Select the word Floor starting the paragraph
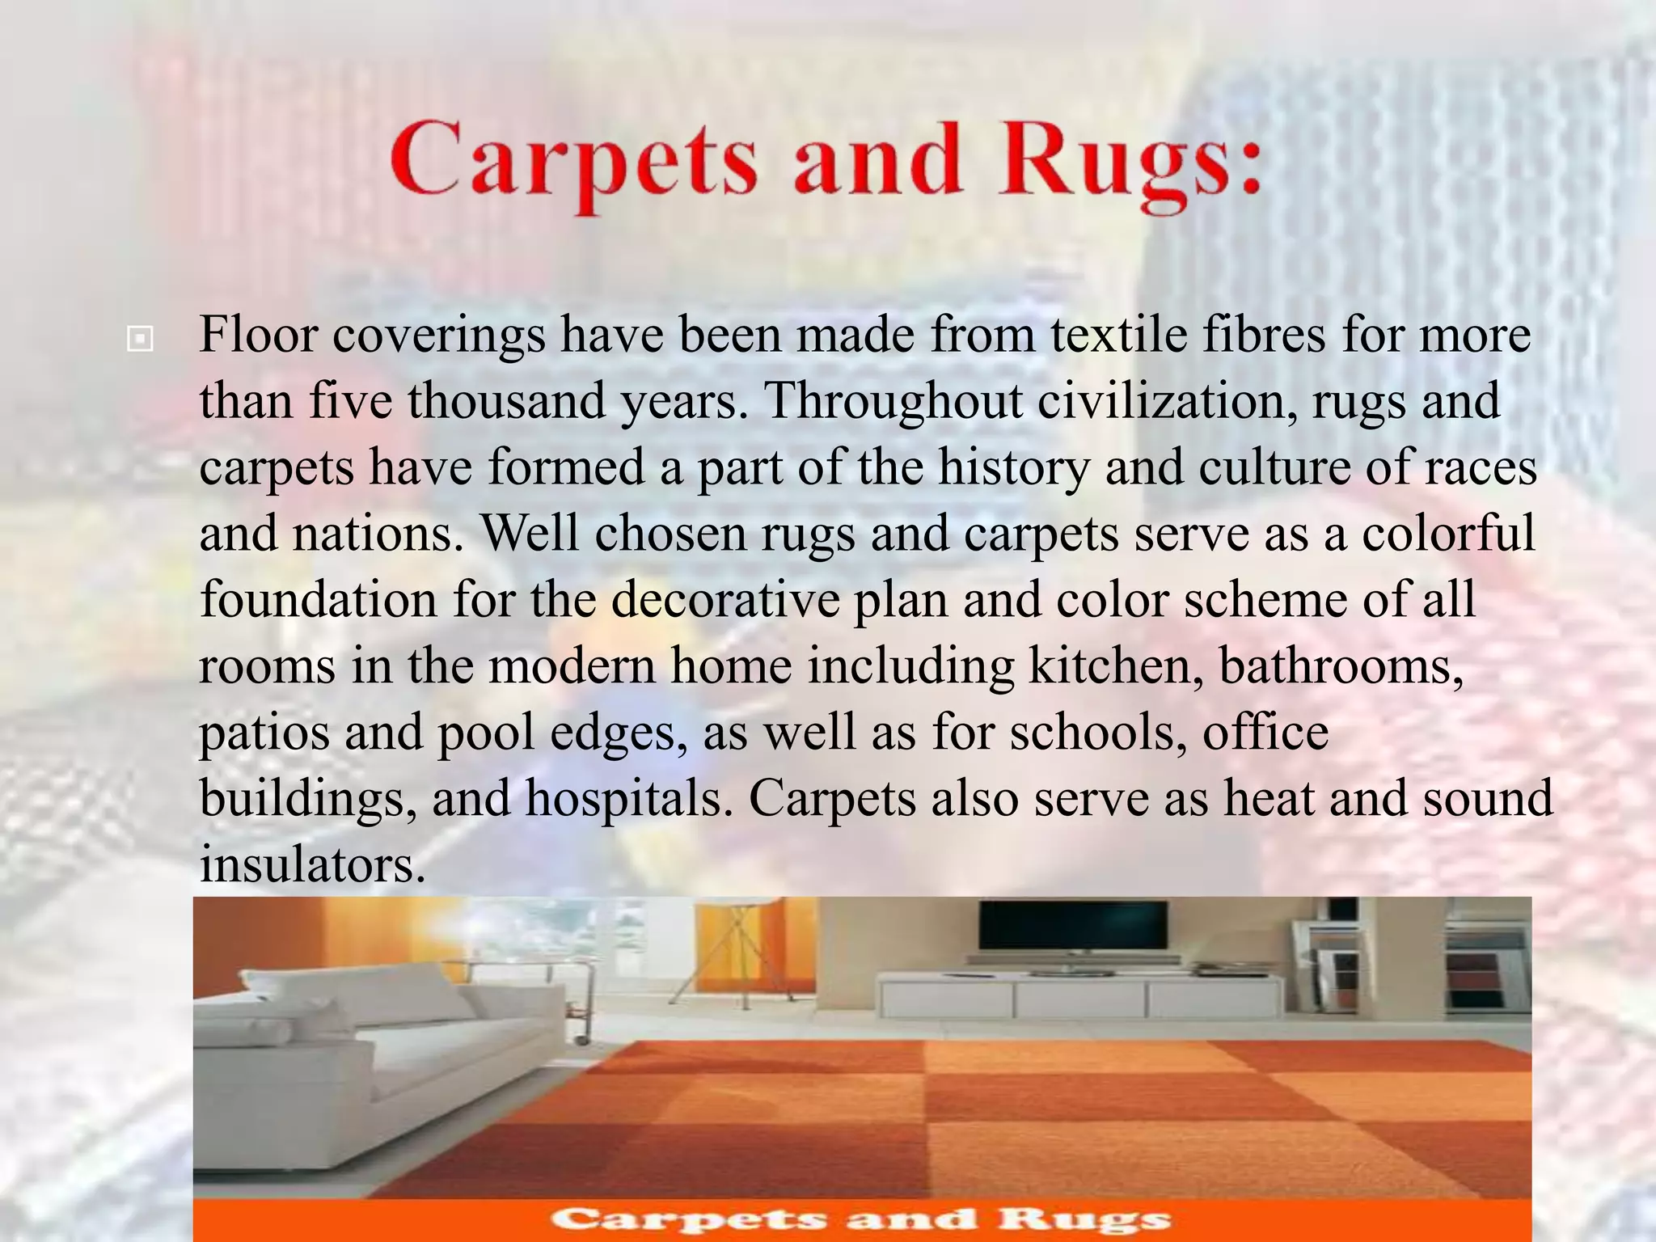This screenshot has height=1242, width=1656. pos(257,334)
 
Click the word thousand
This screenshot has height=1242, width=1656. pos(506,400)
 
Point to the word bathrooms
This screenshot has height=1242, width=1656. pos(1341,665)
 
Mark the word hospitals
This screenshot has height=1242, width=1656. pos(628,798)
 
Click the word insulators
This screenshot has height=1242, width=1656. pos(312,864)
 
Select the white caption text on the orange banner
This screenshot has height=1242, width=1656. pos(861,1219)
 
